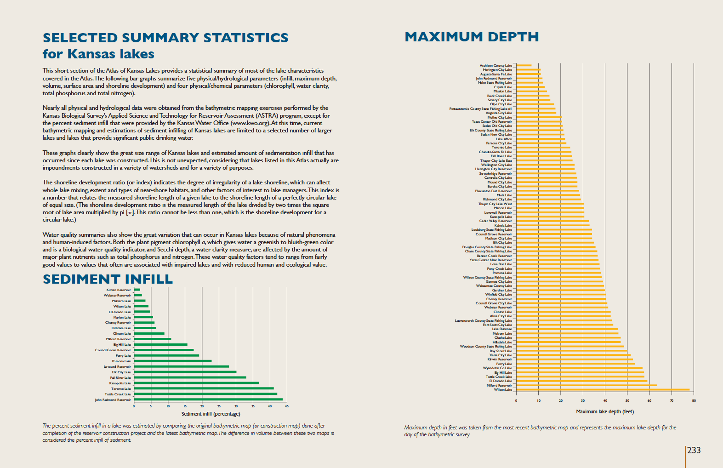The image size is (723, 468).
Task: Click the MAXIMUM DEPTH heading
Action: coord(472,37)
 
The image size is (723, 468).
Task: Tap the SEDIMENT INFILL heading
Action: coord(108,279)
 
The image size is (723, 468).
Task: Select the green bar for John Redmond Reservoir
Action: coord(208,400)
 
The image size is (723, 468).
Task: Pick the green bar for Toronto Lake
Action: coord(204,388)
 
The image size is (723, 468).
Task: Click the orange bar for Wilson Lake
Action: coord(602,390)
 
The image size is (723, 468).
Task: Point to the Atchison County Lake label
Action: coord(495,66)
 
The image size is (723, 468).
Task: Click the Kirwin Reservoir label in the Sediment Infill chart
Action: coord(119,290)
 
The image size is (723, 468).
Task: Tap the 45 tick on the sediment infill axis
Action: coord(286,406)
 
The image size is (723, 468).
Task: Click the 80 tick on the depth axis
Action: coord(694,400)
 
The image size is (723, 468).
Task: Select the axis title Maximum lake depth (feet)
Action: coord(604,411)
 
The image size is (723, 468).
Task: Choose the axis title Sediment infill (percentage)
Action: coord(211,414)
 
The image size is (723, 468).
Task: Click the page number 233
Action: coord(694,451)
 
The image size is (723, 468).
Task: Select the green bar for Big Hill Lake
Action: coord(160,344)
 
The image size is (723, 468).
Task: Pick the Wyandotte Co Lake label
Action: coord(497,368)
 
